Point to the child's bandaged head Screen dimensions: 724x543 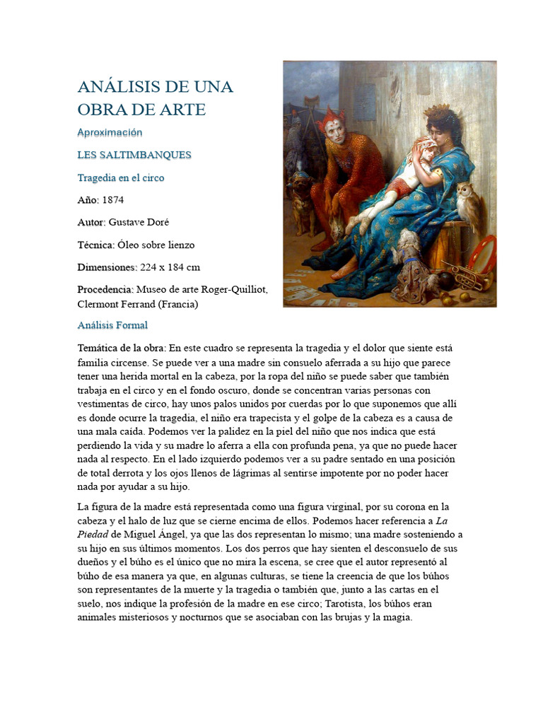click(404, 148)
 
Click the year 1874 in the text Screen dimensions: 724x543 click(112, 200)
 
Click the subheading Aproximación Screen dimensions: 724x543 click(110, 132)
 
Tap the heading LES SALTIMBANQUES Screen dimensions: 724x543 click(134, 155)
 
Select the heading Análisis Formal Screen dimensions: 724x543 click(112, 325)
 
